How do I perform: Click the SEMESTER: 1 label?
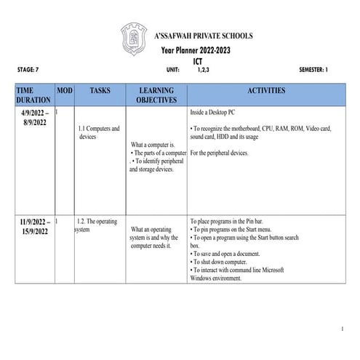(313, 70)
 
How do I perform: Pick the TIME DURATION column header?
(33, 95)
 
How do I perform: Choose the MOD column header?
(64, 90)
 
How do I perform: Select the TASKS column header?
(100, 90)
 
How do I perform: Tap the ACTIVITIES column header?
(265, 90)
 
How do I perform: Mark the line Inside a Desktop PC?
(212, 113)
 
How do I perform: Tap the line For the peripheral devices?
(219, 153)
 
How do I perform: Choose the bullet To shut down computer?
(225, 262)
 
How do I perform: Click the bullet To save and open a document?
(231, 254)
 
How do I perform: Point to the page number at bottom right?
(342, 329)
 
